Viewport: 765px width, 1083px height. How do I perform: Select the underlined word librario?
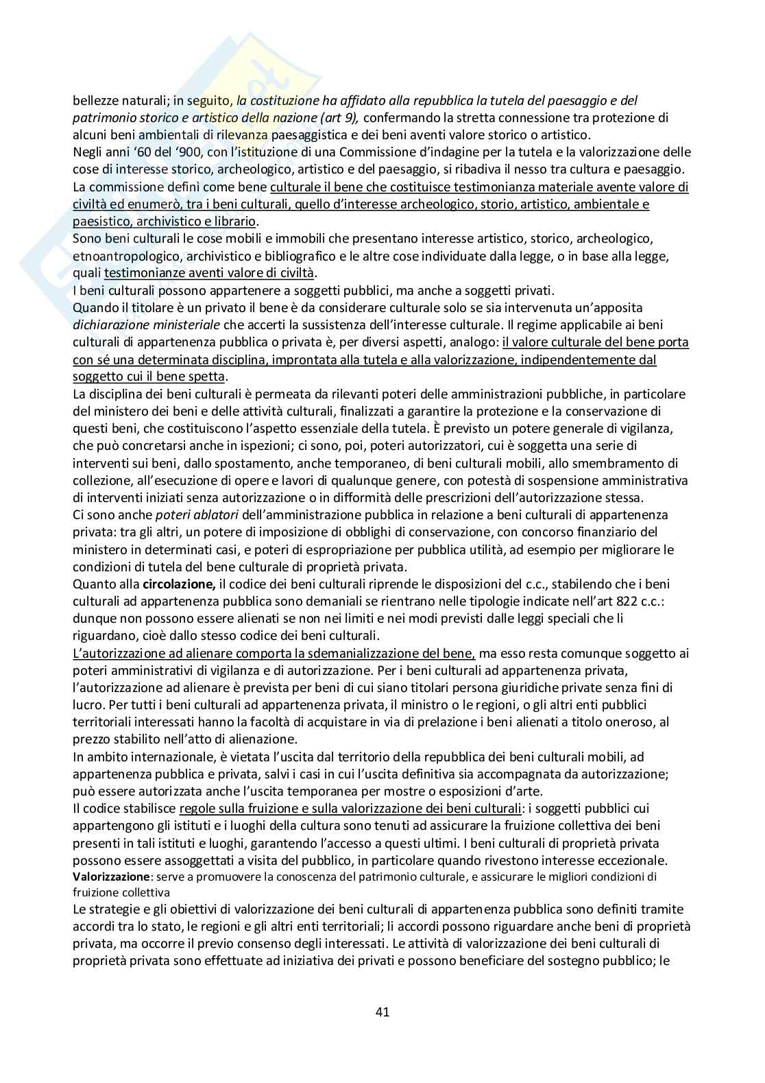pyautogui.click(x=236, y=221)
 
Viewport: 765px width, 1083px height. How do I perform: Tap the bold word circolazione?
pyautogui.click(x=180, y=584)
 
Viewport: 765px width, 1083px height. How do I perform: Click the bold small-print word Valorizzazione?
pyautogui.click(x=111, y=877)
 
